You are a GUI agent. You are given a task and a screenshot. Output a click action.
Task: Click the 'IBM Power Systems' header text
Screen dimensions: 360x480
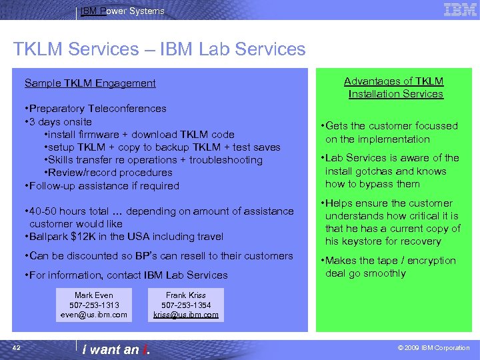(x=122, y=11)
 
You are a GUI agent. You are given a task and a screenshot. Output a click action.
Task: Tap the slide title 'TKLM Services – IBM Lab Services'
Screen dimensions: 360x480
(x=159, y=49)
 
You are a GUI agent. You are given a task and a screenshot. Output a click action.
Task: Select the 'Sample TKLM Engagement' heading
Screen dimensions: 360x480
(x=90, y=83)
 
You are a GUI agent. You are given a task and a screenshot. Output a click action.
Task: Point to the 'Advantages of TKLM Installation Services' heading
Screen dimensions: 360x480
(x=394, y=87)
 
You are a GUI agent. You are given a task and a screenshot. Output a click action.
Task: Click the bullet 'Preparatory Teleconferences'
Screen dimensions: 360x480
(x=97, y=109)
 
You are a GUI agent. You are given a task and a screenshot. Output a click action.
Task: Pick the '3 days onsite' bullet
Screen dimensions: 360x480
(x=60, y=122)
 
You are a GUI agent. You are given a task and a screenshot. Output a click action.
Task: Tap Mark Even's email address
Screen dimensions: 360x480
(x=93, y=315)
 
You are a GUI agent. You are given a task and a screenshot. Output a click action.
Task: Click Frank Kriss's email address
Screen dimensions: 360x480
(x=186, y=315)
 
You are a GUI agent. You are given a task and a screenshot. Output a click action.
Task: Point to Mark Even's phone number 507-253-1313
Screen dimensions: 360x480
(x=93, y=305)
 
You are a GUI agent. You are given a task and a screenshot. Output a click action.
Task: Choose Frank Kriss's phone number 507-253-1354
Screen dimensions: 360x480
(x=186, y=305)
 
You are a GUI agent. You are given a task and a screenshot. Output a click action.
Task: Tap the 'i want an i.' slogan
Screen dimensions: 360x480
(x=115, y=349)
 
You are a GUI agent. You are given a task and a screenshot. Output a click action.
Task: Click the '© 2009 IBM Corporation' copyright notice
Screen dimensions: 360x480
(x=433, y=348)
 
